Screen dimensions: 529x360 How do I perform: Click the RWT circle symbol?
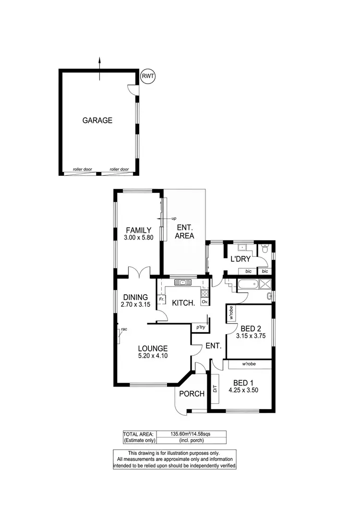coord(148,76)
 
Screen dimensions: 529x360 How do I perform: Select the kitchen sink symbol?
coord(183,282)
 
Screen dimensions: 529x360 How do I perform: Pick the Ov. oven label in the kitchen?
coord(204,302)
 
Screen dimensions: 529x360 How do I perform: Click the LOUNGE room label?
coord(153,349)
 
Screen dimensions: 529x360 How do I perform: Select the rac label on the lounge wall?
coord(124,329)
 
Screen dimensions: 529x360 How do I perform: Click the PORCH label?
coord(192,394)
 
